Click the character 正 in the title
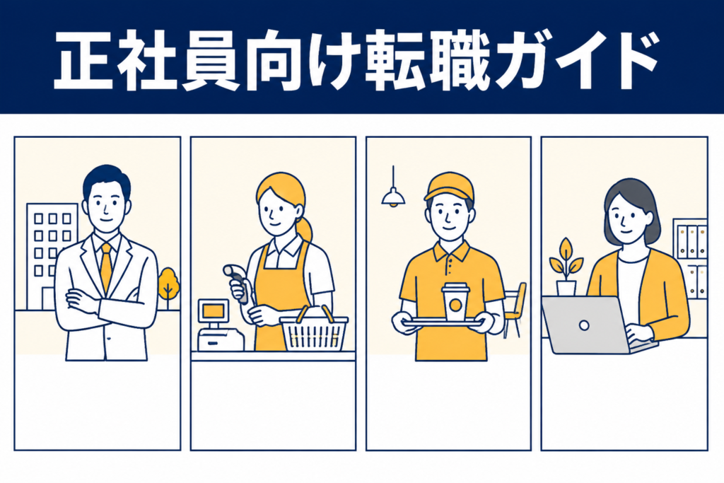(83, 60)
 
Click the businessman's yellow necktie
(106, 268)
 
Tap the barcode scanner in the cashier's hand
(238, 282)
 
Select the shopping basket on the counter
(314, 329)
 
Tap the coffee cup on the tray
(455, 303)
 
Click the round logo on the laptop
(584, 325)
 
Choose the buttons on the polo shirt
(449, 267)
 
